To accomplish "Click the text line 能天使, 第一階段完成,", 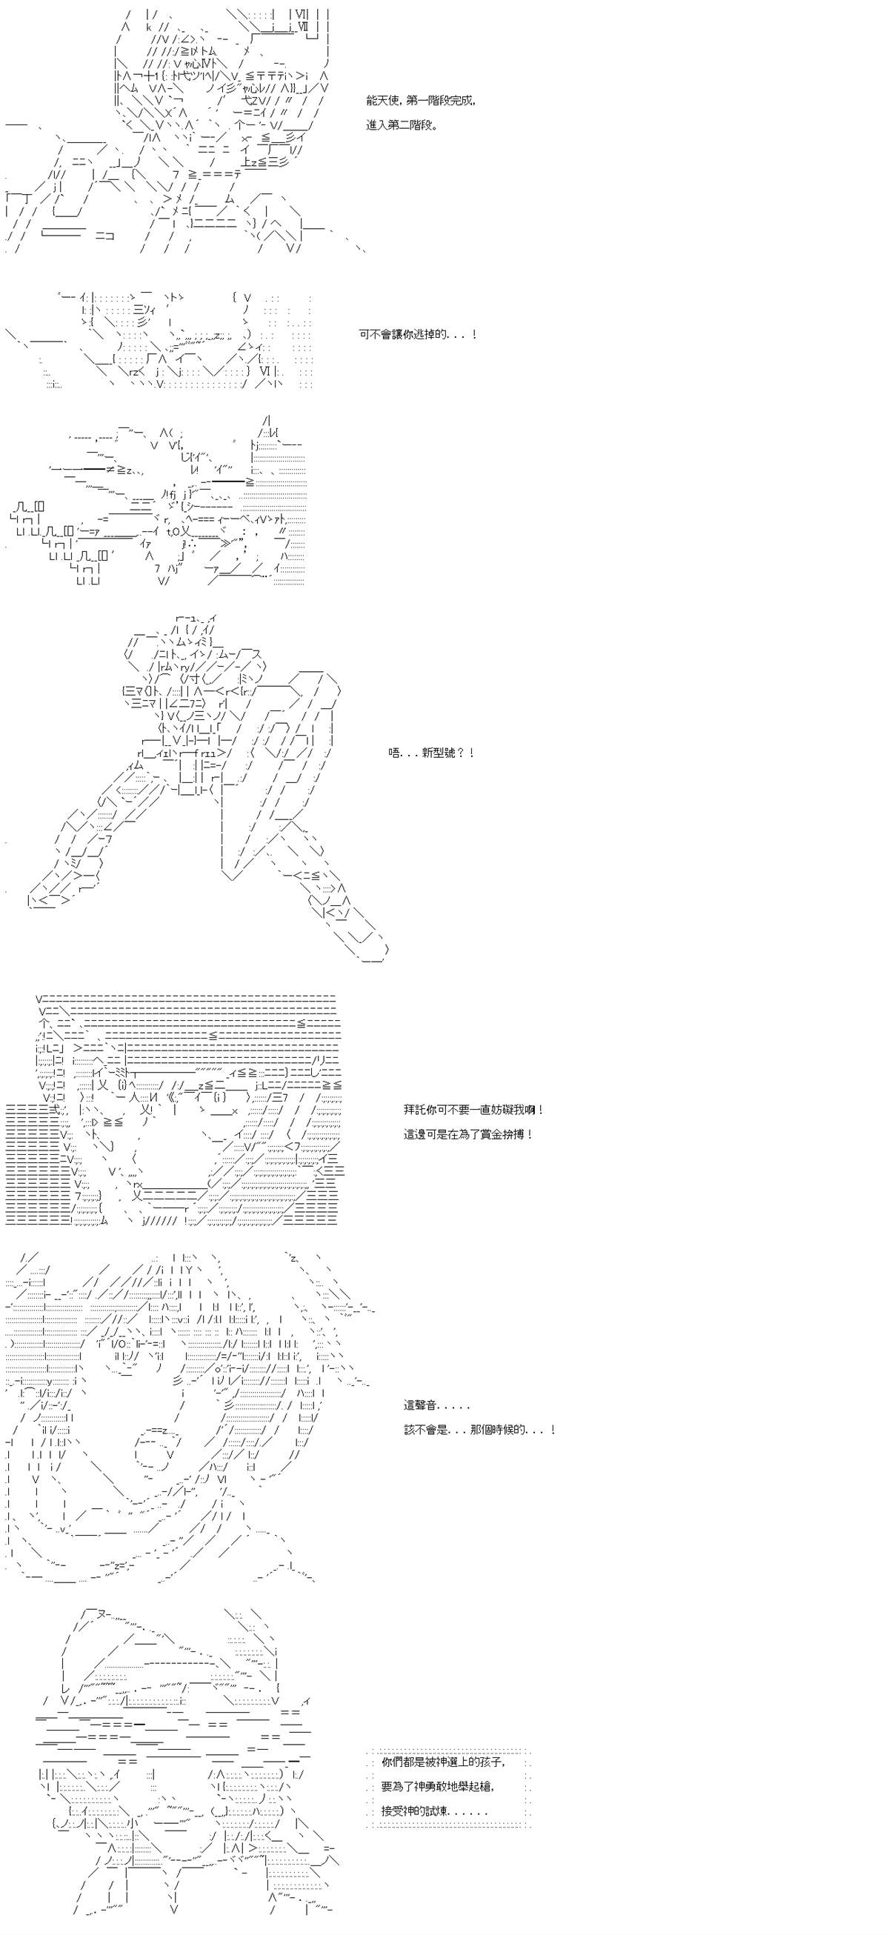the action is [x=420, y=101].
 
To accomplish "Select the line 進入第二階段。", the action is [x=403, y=125].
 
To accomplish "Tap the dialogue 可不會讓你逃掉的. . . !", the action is [x=418, y=335].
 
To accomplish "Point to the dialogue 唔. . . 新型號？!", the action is [x=431, y=753].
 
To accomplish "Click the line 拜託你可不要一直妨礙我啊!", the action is [x=474, y=1110].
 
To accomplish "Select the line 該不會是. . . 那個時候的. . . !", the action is [x=479, y=1429].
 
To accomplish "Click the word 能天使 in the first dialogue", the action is [x=384, y=101].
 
